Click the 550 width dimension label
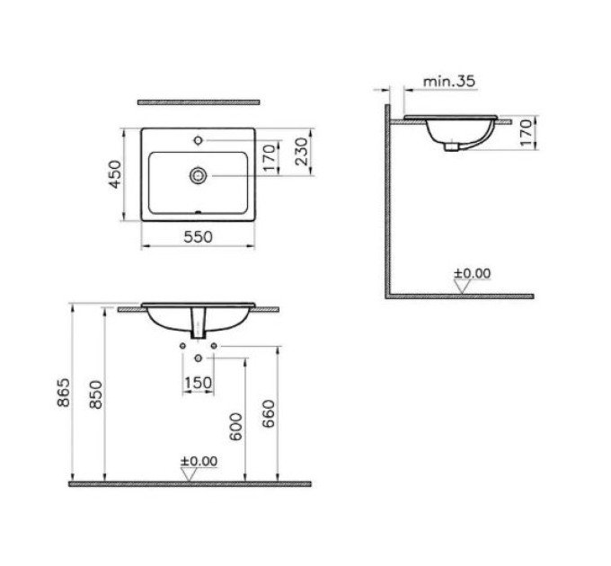(x=198, y=236)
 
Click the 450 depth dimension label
(x=115, y=174)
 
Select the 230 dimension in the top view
(x=302, y=152)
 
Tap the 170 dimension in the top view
(x=270, y=158)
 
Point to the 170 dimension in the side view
(x=526, y=132)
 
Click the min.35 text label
(x=449, y=82)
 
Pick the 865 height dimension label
(x=64, y=393)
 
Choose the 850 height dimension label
(x=96, y=394)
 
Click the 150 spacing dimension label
(x=198, y=383)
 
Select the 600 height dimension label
(x=235, y=427)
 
